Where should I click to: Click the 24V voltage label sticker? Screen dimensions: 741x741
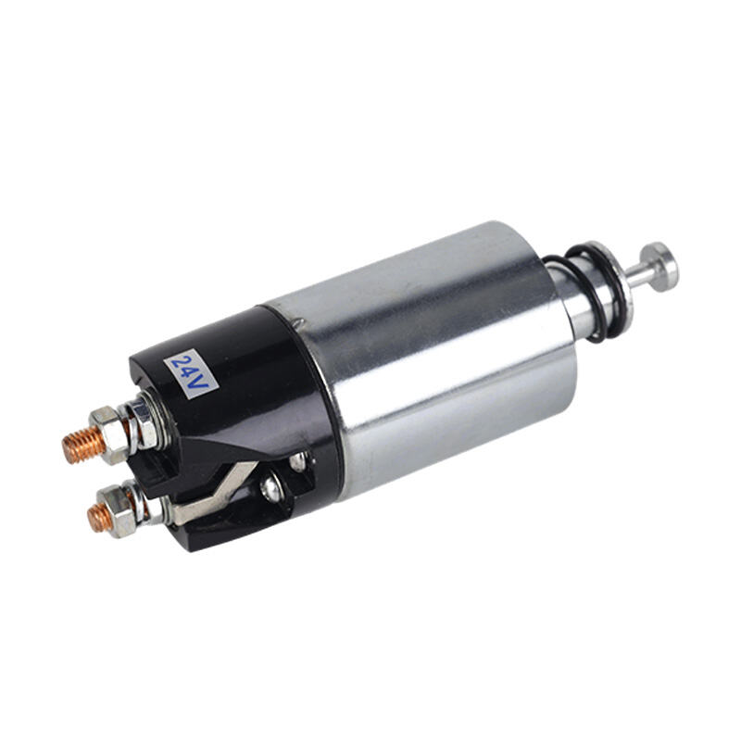(191, 374)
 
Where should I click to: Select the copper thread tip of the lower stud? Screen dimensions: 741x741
(100, 518)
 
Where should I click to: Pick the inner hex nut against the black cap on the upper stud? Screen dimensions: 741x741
(144, 422)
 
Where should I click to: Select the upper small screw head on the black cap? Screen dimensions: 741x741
(298, 462)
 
